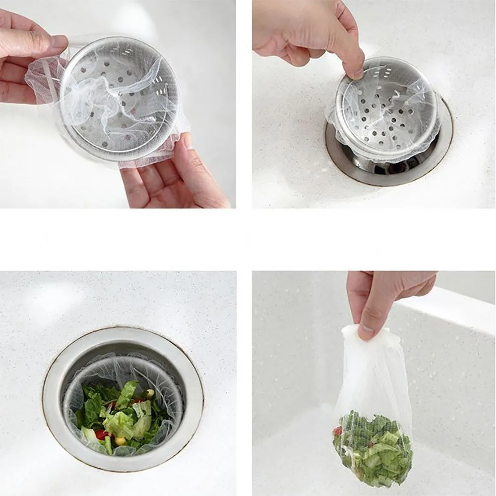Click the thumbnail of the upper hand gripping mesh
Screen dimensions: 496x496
[59, 42]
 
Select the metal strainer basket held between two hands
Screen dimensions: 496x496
[119, 99]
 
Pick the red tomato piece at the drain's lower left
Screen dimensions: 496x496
[101, 434]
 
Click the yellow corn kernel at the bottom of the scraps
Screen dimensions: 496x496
[120, 440]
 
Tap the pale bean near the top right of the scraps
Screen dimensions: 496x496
[149, 393]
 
